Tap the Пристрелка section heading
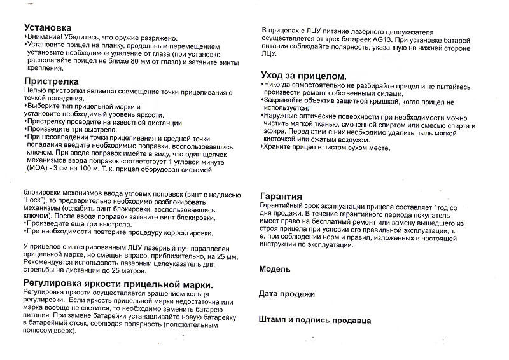pos(51,81)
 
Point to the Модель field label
pos(274,269)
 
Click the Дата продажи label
pos(286,294)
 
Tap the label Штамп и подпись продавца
pos(315,321)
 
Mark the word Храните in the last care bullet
pos(281,148)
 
